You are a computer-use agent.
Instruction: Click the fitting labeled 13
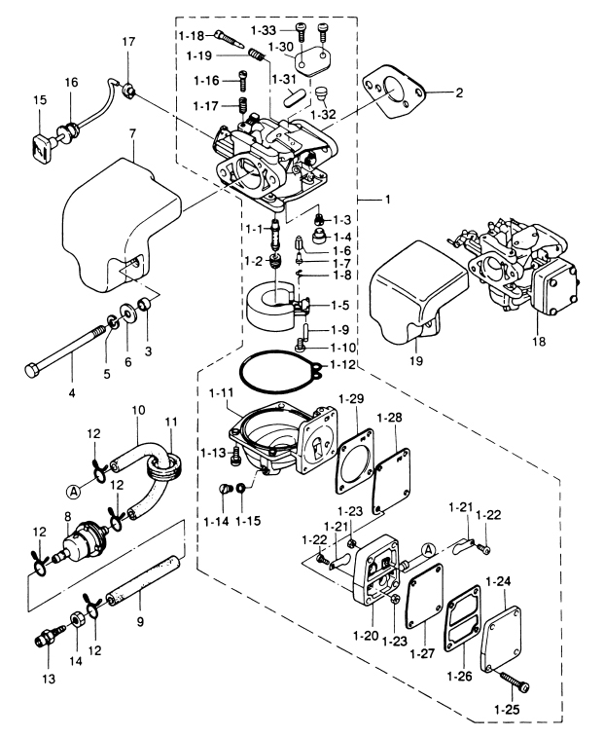[x=44, y=640]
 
